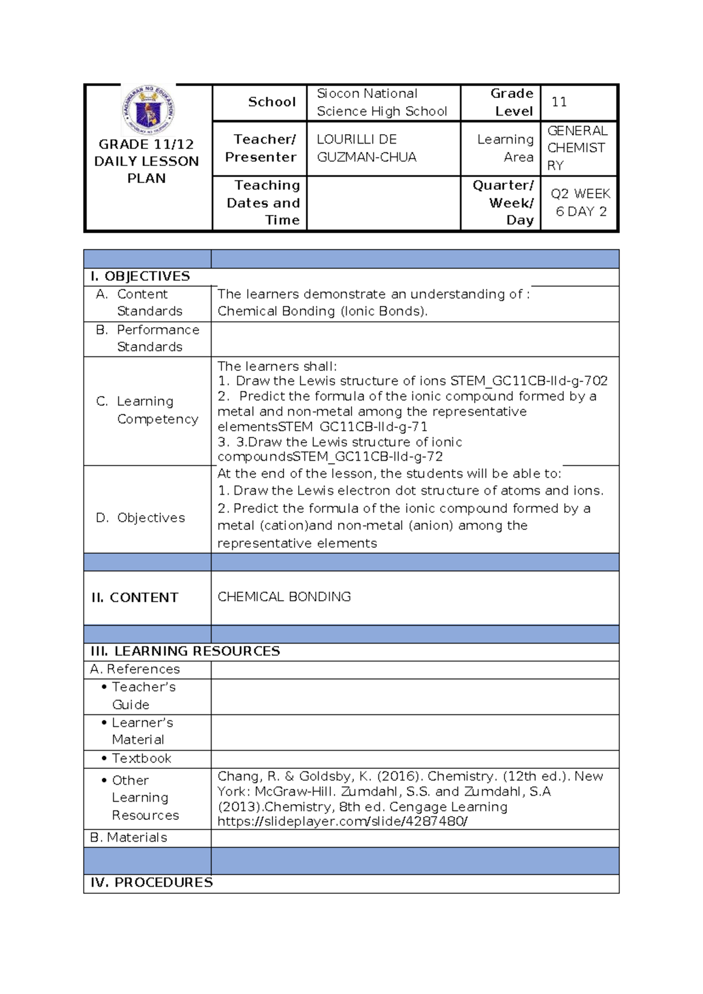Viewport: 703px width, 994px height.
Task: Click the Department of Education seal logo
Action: [148, 110]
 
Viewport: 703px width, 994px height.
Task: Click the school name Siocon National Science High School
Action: [381, 103]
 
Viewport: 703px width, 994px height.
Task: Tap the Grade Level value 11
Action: [559, 103]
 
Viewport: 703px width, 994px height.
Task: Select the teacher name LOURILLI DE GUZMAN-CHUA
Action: [367, 148]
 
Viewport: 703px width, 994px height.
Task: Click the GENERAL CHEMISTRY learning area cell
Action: [577, 148]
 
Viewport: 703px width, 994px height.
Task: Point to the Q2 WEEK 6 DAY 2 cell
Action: [580, 203]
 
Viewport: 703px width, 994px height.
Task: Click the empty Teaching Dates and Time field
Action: [383, 203]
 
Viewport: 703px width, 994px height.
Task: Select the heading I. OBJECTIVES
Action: [140, 277]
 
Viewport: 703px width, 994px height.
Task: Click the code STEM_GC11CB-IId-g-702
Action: [529, 381]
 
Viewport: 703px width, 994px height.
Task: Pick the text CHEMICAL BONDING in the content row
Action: [284, 597]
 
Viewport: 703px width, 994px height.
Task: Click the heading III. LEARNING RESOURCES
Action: [185, 651]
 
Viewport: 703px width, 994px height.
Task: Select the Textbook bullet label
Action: [141, 758]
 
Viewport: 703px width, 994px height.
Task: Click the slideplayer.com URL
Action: [342, 822]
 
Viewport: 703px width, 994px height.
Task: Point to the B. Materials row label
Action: [129, 838]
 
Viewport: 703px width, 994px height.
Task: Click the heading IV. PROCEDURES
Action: [151, 883]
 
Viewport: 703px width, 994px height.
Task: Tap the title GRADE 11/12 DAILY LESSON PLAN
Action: [146, 161]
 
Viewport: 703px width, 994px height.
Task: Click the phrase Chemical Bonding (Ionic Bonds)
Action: [322, 311]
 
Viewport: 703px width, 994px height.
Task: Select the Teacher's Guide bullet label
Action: [143, 696]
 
